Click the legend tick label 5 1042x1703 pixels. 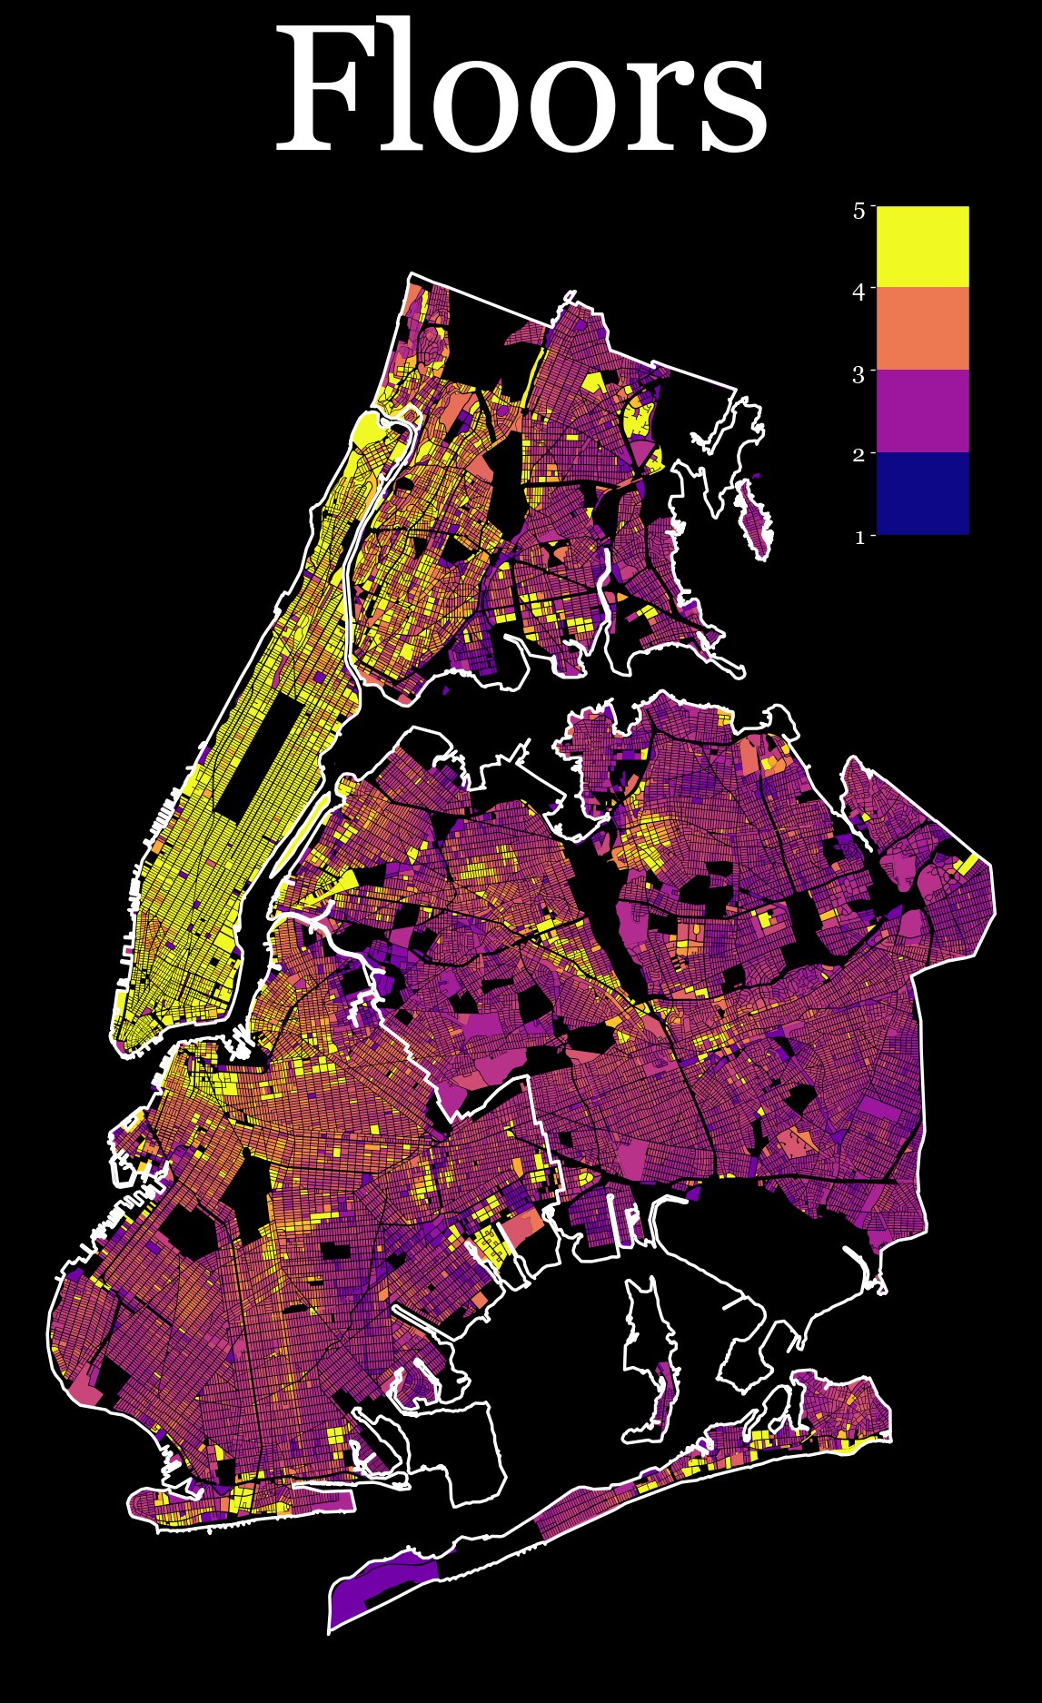[858, 210]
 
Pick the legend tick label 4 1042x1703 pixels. [858, 291]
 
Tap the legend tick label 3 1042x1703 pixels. [858, 373]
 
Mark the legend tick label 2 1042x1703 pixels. [858, 455]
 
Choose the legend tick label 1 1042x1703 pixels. [858, 537]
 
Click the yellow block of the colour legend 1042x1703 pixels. [922, 247]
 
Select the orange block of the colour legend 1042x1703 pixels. [922, 329]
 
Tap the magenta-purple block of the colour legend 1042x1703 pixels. [922, 411]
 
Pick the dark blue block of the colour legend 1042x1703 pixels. [922, 493]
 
